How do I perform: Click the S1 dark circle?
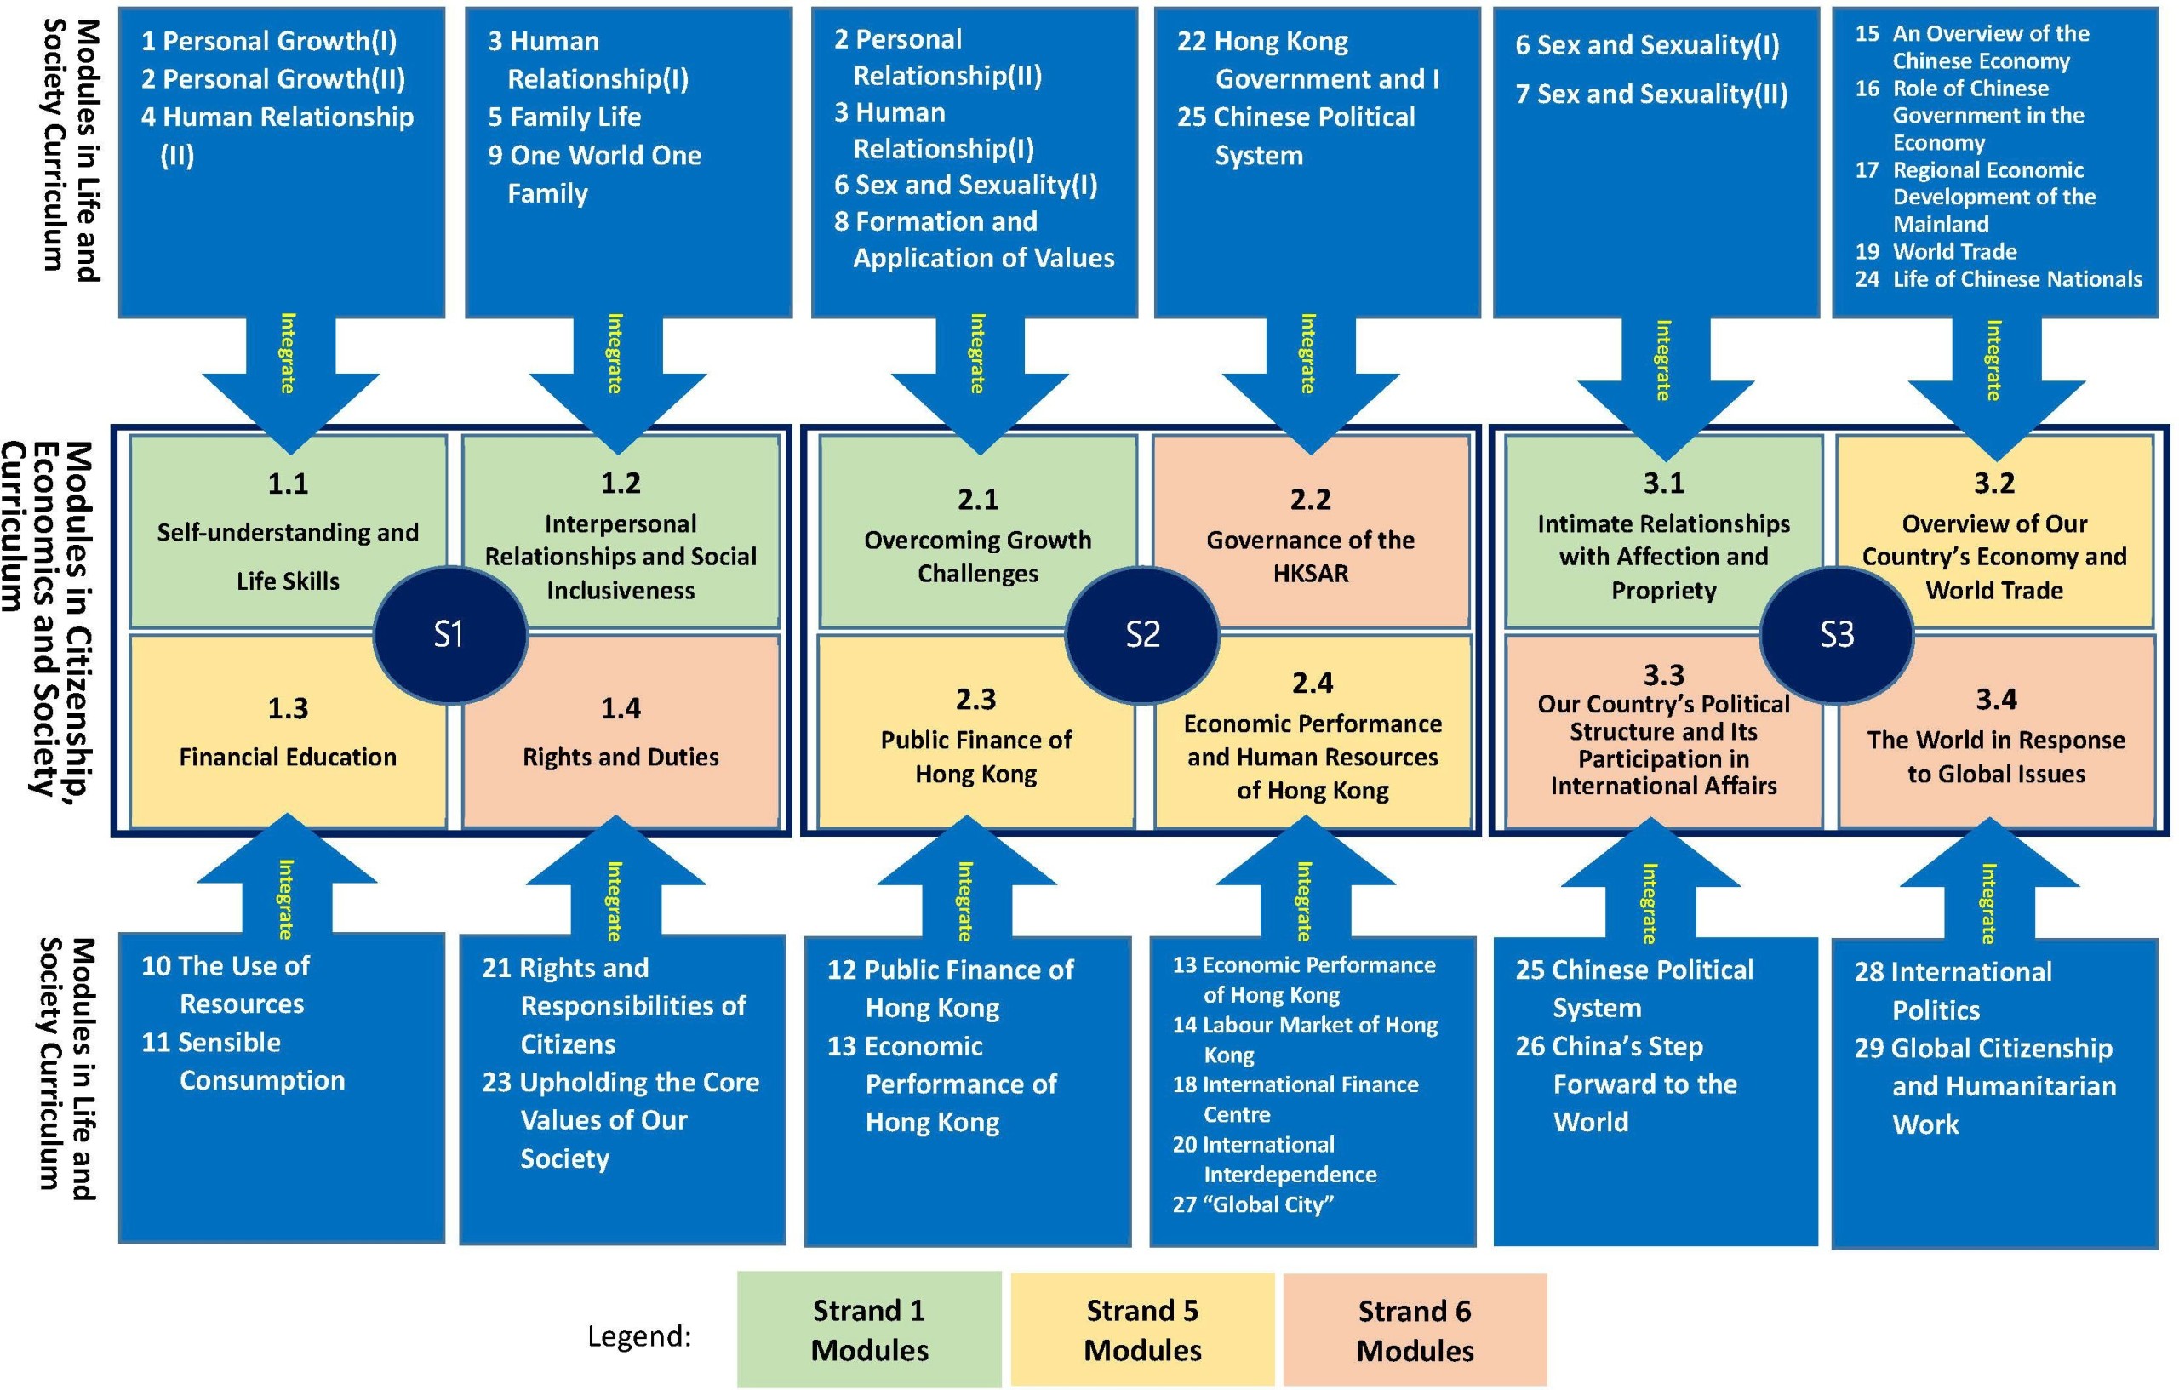pyautogui.click(x=449, y=634)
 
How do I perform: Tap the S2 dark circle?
pyautogui.click(x=1142, y=634)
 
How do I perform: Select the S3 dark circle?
pyautogui.click(x=1836, y=634)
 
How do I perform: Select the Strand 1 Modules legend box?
pyautogui.click(x=869, y=1330)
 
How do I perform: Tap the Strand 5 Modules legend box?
pyautogui.click(x=1142, y=1330)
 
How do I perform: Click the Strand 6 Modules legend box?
pyautogui.click(x=1415, y=1330)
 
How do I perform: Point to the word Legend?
pyautogui.click(x=639, y=1336)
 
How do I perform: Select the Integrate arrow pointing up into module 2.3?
pyautogui.click(x=965, y=887)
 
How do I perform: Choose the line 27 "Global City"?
pyautogui.click(x=1253, y=1204)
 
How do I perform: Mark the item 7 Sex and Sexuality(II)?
pyautogui.click(x=1651, y=94)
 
